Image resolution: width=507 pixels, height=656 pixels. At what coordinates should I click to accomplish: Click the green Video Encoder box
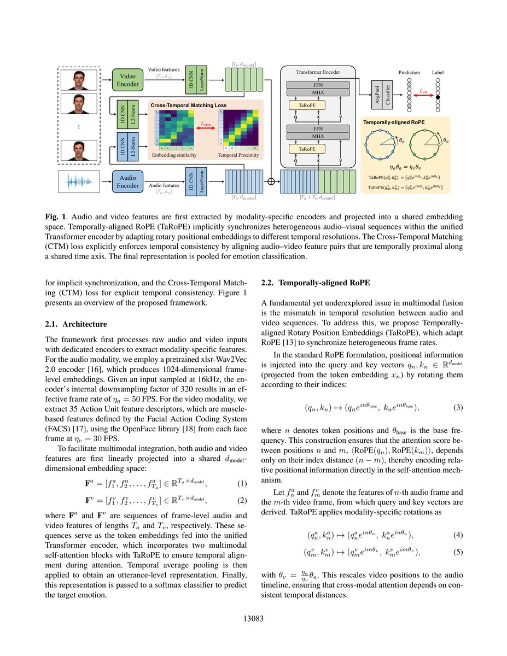(127, 80)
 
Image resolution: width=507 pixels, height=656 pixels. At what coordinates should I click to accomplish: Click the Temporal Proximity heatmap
(240, 130)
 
